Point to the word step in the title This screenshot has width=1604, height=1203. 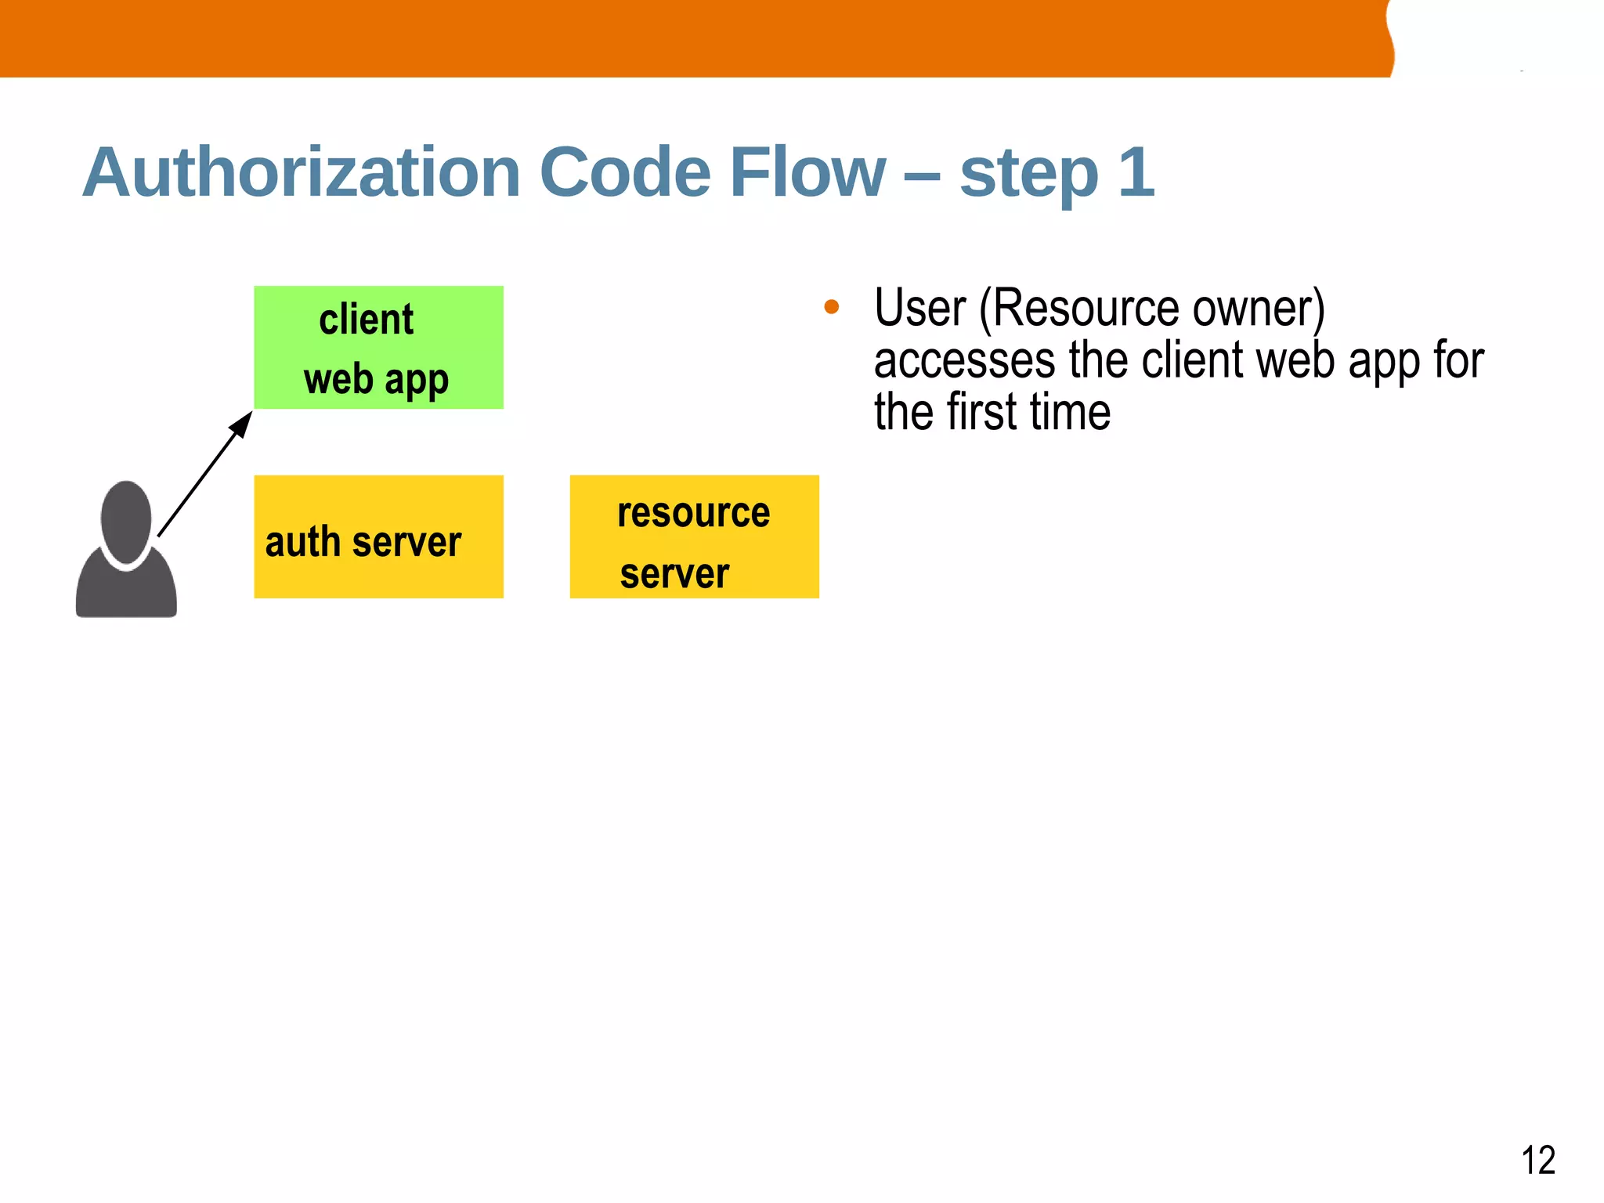click(x=1028, y=176)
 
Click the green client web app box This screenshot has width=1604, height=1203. click(x=378, y=347)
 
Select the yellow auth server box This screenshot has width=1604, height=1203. click(x=378, y=536)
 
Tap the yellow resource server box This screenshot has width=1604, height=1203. click(x=694, y=536)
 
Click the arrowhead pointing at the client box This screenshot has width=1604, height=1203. click(x=241, y=424)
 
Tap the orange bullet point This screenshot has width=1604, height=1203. click(x=832, y=307)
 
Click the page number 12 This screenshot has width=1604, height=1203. click(x=1537, y=1160)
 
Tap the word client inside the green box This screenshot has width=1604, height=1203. click(x=366, y=320)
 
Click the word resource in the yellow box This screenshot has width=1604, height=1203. click(x=693, y=513)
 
